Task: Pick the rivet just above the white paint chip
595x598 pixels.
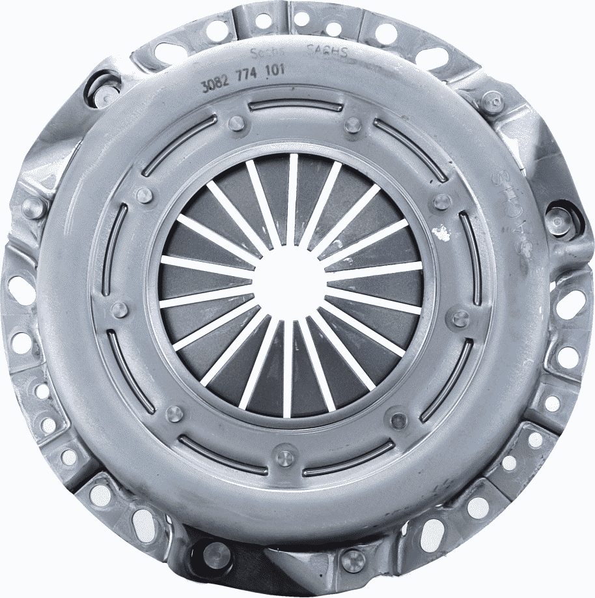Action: (x=442, y=201)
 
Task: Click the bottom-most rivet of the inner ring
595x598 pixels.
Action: (x=284, y=457)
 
